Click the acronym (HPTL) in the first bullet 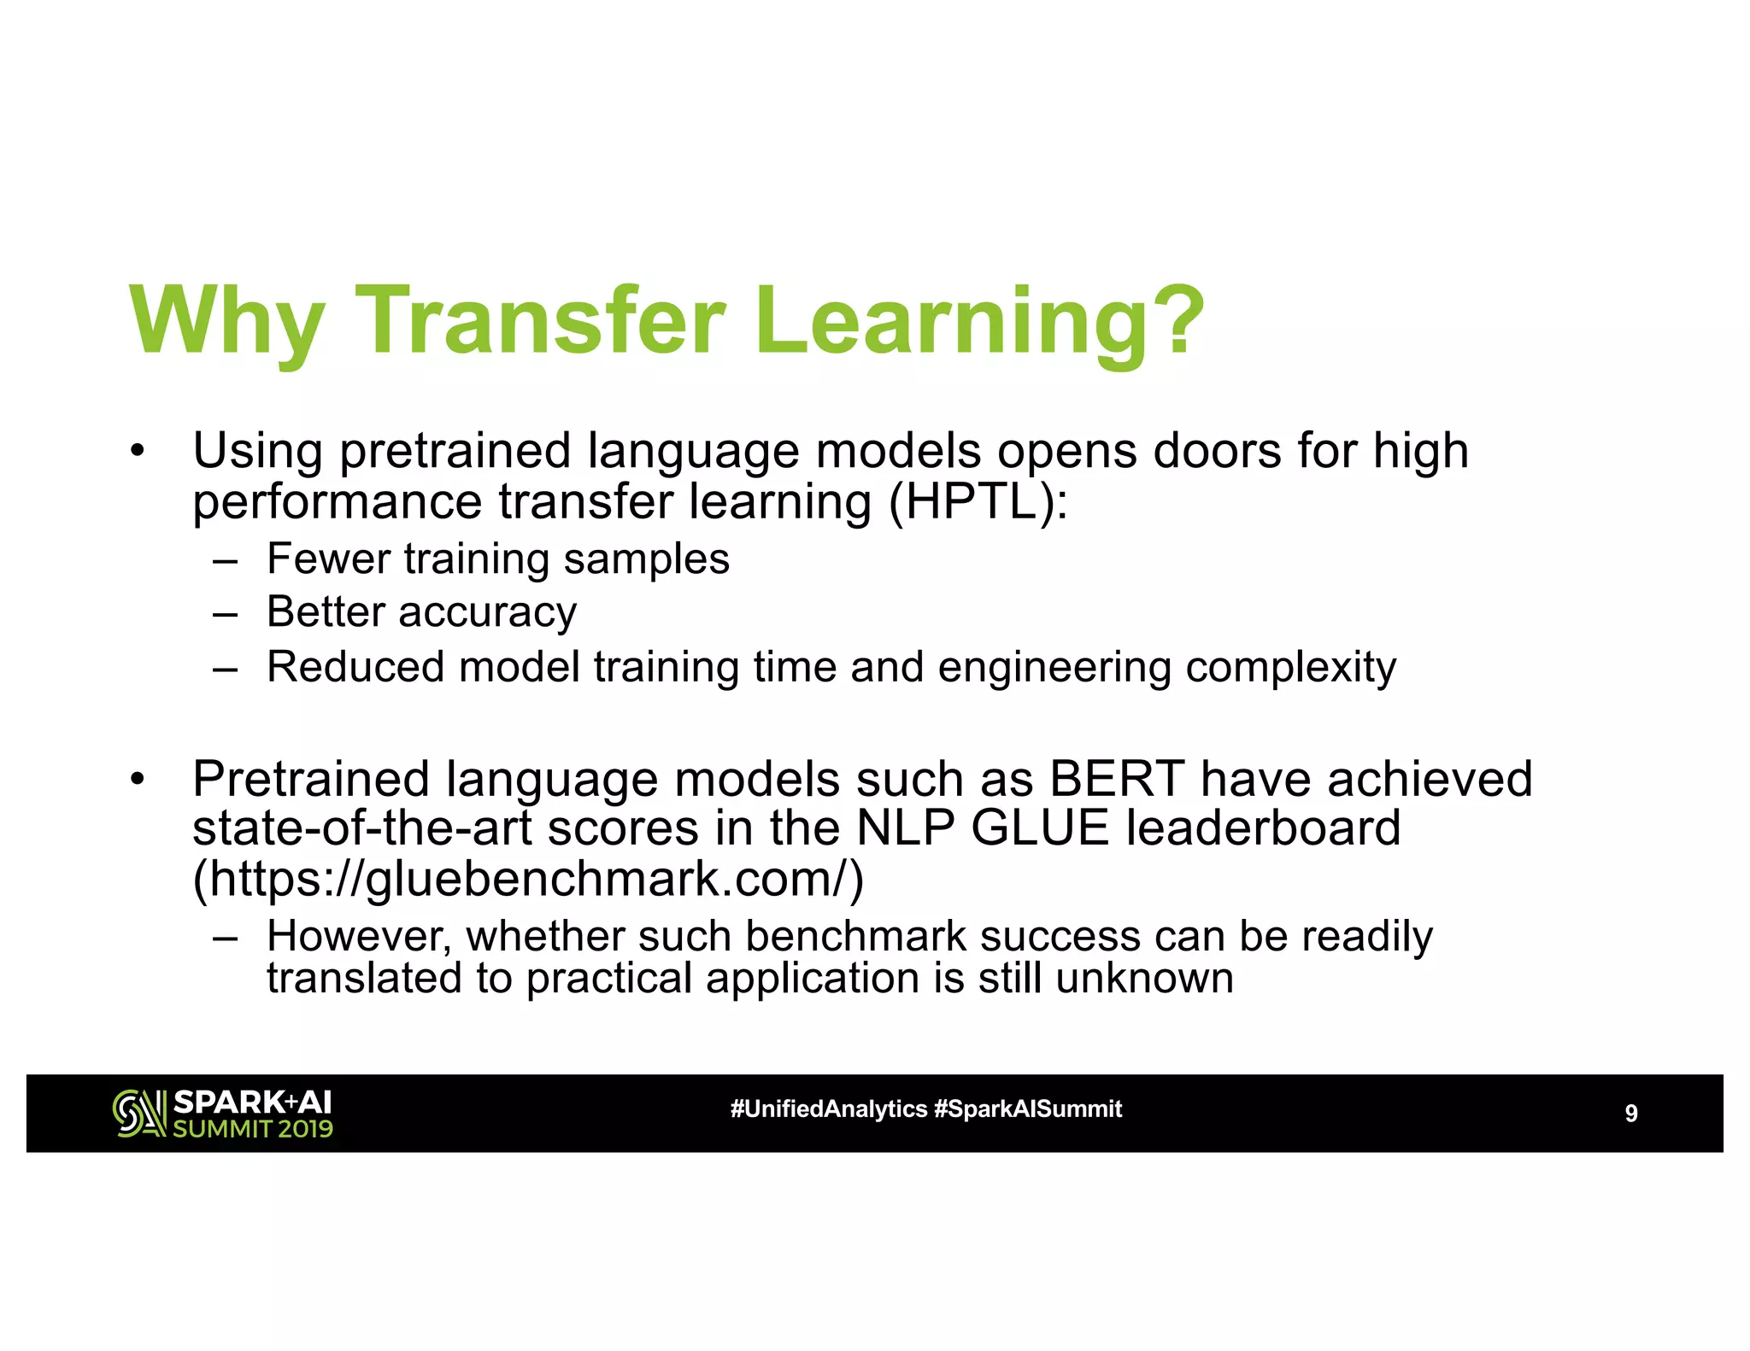click(x=978, y=502)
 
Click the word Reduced click(x=355, y=667)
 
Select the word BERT click(x=1117, y=779)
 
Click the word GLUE click(x=1039, y=828)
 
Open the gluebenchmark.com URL click(x=528, y=879)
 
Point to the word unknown click(x=1144, y=979)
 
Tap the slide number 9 click(x=1630, y=1114)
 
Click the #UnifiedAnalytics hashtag click(x=828, y=1109)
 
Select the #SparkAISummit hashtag click(x=1028, y=1109)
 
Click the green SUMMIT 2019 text click(x=253, y=1129)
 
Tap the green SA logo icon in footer click(x=139, y=1114)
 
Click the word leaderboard click(x=1262, y=828)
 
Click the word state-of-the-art click(x=361, y=828)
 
